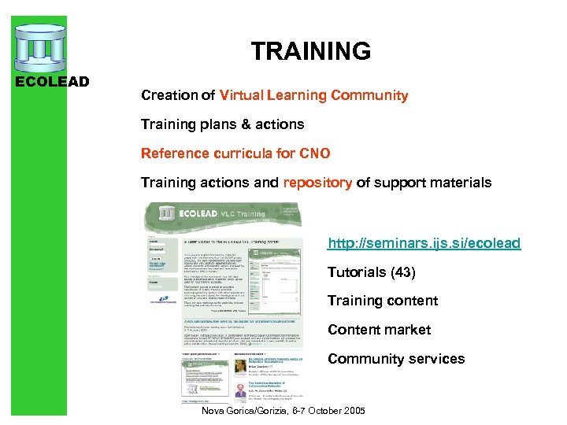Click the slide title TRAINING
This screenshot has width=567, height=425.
pyautogui.click(x=310, y=52)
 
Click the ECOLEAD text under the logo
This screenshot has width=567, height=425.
pyautogui.click(x=53, y=81)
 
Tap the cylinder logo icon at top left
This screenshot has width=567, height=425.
pyautogui.click(x=39, y=46)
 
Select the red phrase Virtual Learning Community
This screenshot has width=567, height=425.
pyautogui.click(x=313, y=95)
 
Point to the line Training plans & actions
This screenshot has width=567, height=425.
pyautogui.click(x=222, y=124)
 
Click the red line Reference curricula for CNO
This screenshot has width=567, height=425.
pyautogui.click(x=235, y=153)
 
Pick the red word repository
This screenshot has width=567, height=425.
pyautogui.click(x=317, y=183)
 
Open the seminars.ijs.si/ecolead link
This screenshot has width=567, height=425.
pyautogui.click(x=424, y=243)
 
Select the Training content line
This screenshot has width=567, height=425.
pyautogui.click(x=382, y=301)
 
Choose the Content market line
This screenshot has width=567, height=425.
pyautogui.click(x=379, y=330)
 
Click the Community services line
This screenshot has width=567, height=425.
pyautogui.click(x=396, y=359)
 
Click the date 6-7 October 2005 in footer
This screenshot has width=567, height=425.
pyautogui.click(x=332, y=412)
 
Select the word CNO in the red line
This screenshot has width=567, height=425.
pyautogui.click(x=314, y=153)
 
